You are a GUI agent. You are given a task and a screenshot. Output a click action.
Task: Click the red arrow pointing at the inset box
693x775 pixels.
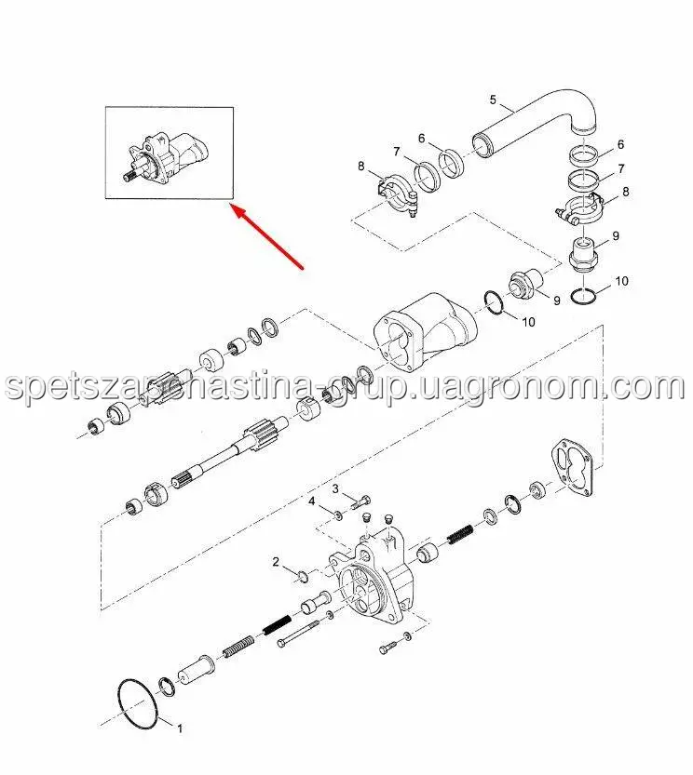click(269, 238)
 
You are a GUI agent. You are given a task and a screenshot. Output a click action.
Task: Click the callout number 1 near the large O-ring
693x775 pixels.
click(180, 728)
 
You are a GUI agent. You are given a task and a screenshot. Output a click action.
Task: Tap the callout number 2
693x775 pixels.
click(277, 562)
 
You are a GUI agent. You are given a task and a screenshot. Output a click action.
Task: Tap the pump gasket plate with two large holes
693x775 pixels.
click(572, 467)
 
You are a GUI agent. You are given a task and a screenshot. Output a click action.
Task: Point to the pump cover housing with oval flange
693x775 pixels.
click(425, 330)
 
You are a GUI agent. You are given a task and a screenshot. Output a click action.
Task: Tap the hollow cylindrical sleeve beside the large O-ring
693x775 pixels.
click(196, 670)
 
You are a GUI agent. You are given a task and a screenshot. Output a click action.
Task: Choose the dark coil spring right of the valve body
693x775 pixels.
click(460, 534)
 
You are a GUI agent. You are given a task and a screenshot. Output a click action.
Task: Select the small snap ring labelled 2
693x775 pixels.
click(303, 575)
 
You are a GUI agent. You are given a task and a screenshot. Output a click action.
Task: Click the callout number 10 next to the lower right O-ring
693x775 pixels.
click(621, 281)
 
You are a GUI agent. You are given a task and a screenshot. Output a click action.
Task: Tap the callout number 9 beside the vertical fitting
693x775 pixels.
click(616, 235)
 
